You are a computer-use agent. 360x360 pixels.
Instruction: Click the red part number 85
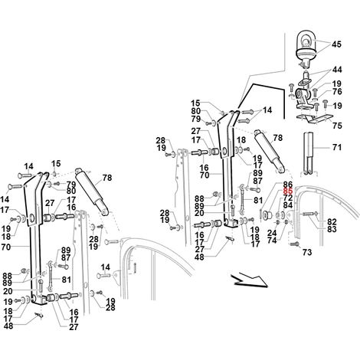pyautogui.click(x=288, y=191)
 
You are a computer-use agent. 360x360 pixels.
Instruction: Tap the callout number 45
pyautogui.click(x=336, y=44)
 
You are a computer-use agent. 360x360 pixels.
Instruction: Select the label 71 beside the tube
pyautogui.click(x=336, y=147)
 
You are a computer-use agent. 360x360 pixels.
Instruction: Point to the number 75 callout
pyautogui.click(x=337, y=126)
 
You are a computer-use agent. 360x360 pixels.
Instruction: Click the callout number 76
pyautogui.click(x=337, y=91)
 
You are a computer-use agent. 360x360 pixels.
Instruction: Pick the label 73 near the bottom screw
pyautogui.click(x=307, y=252)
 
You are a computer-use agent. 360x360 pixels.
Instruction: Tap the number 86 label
pyautogui.click(x=288, y=185)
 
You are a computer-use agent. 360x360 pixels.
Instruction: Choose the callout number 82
pyautogui.click(x=332, y=221)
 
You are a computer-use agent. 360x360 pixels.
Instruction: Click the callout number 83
pyautogui.click(x=332, y=229)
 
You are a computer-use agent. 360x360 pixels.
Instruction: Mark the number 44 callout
pyautogui.click(x=337, y=70)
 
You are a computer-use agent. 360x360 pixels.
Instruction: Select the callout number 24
pyautogui.click(x=272, y=233)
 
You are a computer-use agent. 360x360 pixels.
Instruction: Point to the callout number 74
pyautogui.click(x=272, y=241)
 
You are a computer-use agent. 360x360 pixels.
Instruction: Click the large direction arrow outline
pyautogui.click(x=249, y=281)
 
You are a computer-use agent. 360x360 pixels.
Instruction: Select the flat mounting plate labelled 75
pyautogui.click(x=315, y=119)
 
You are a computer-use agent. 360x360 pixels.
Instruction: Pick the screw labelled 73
pyautogui.click(x=295, y=244)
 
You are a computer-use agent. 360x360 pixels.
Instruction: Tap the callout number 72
pyautogui.click(x=288, y=198)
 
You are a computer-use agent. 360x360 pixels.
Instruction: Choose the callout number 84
pyautogui.click(x=288, y=205)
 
